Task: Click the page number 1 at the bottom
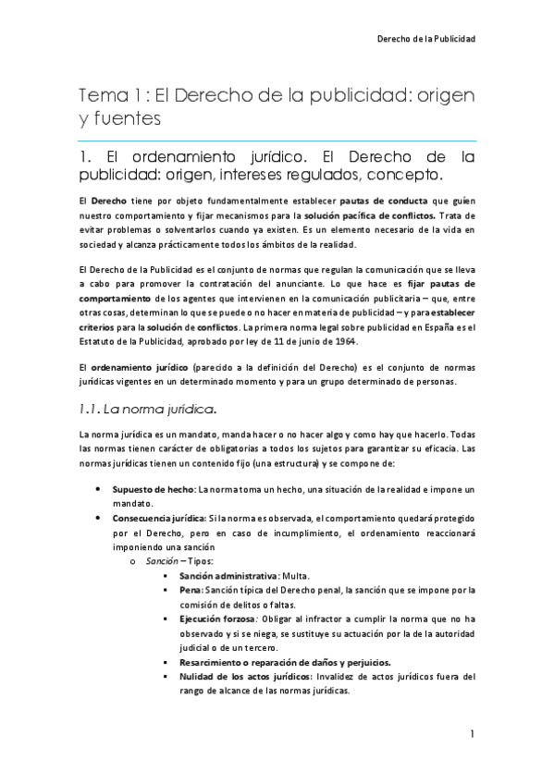click(x=472, y=734)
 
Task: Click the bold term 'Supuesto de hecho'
click(x=152, y=489)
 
